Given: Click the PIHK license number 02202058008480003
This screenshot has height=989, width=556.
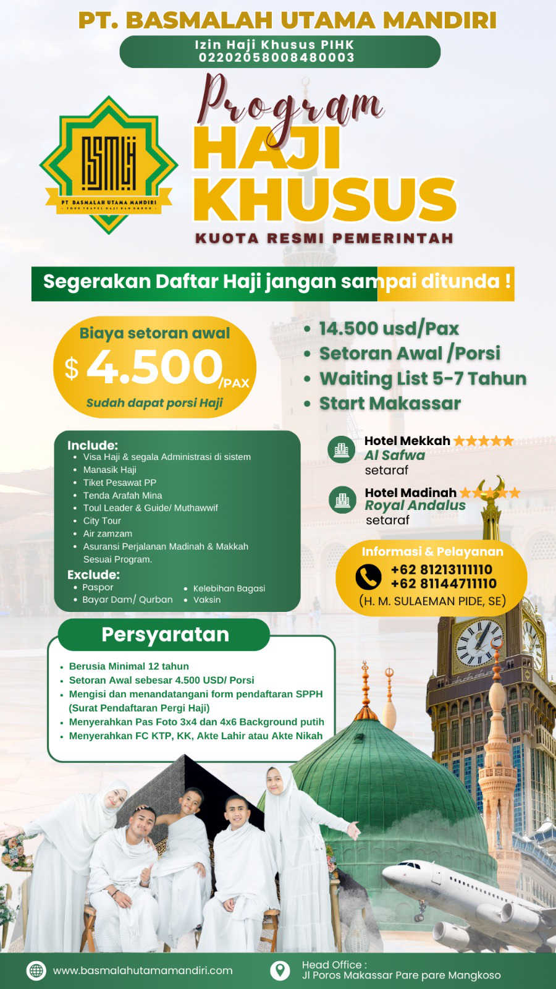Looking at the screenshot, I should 276,57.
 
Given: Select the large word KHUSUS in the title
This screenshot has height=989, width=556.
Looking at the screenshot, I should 325,199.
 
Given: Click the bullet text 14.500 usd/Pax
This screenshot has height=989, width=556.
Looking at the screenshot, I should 389,328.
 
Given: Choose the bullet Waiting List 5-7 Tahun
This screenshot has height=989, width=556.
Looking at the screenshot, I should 423,378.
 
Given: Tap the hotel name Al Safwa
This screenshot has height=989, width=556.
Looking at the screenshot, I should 395,455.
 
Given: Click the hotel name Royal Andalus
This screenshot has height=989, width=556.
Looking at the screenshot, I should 415,505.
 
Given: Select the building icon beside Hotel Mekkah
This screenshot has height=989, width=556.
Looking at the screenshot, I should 342,449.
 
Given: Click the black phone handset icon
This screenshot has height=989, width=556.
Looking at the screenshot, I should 368,577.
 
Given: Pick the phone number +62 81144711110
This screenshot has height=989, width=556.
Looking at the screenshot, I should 443,584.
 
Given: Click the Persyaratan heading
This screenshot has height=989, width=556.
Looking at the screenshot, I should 165,634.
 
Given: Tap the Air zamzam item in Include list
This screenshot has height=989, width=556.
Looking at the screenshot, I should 107,533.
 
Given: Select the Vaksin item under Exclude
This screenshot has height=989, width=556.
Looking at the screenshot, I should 206,600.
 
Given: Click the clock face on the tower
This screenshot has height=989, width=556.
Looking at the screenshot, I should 479,643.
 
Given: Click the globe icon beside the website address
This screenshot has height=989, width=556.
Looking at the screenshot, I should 36,970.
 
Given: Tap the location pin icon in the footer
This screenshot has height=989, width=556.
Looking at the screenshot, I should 280,970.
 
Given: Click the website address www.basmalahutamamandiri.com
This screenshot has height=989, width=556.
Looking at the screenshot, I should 143,970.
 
